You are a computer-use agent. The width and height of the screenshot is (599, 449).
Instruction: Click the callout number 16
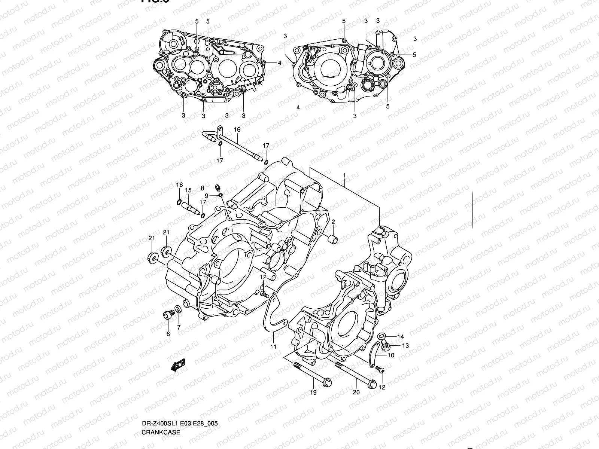(237, 130)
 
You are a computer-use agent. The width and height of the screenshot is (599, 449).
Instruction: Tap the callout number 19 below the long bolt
(313, 393)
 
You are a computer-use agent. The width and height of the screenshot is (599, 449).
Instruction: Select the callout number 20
(356, 393)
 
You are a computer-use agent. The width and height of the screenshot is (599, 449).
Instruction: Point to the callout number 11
(274, 347)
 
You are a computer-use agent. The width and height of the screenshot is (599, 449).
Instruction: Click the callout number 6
(168, 334)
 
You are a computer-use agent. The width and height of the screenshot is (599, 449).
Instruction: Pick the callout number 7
(179, 328)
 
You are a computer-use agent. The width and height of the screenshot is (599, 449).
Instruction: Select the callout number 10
(390, 355)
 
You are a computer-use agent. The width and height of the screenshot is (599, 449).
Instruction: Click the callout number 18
(180, 185)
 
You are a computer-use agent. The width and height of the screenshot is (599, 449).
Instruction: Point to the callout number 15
(188, 190)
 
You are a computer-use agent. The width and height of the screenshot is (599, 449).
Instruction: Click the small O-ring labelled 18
(179, 203)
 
